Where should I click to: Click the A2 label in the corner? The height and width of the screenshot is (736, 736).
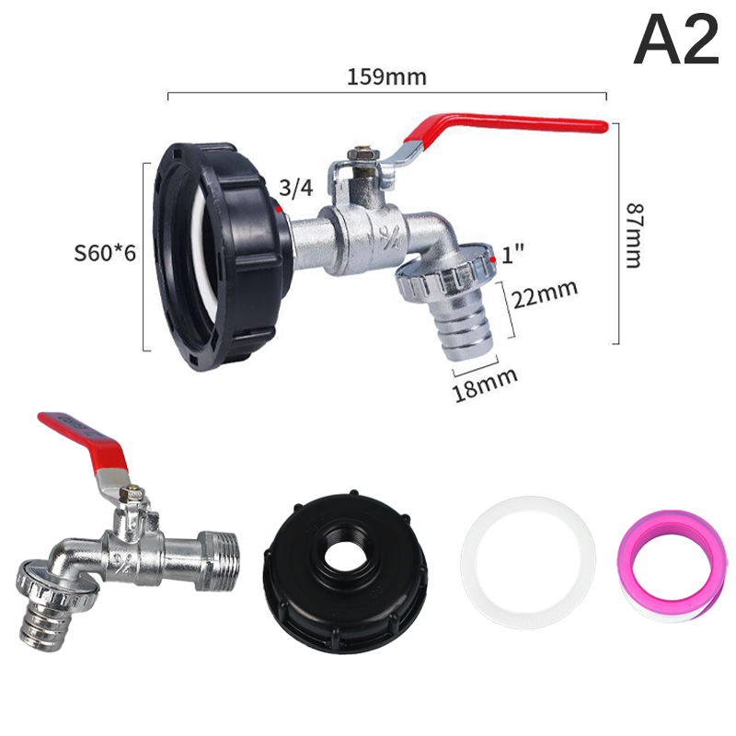676,40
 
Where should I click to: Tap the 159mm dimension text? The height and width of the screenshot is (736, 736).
386,77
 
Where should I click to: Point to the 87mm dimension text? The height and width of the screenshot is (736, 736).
634,236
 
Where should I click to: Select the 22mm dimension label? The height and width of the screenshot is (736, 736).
545,294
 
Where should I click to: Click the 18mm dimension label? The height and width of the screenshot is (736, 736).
486,384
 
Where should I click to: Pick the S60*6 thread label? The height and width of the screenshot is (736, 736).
105,253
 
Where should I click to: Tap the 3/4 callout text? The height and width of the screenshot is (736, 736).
295,188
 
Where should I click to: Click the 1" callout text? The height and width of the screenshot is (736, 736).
512,255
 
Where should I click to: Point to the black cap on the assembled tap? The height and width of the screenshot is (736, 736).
221,256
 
